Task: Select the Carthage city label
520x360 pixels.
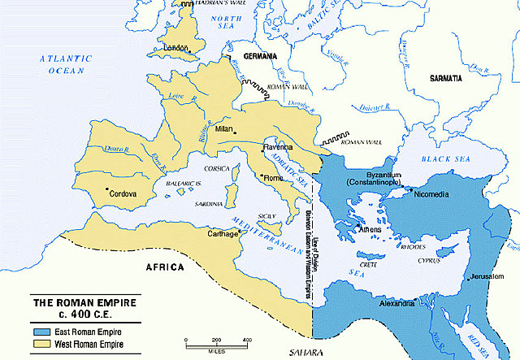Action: coord(220,234)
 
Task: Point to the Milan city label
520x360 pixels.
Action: coord(220,129)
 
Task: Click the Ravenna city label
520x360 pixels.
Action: coord(277,147)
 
